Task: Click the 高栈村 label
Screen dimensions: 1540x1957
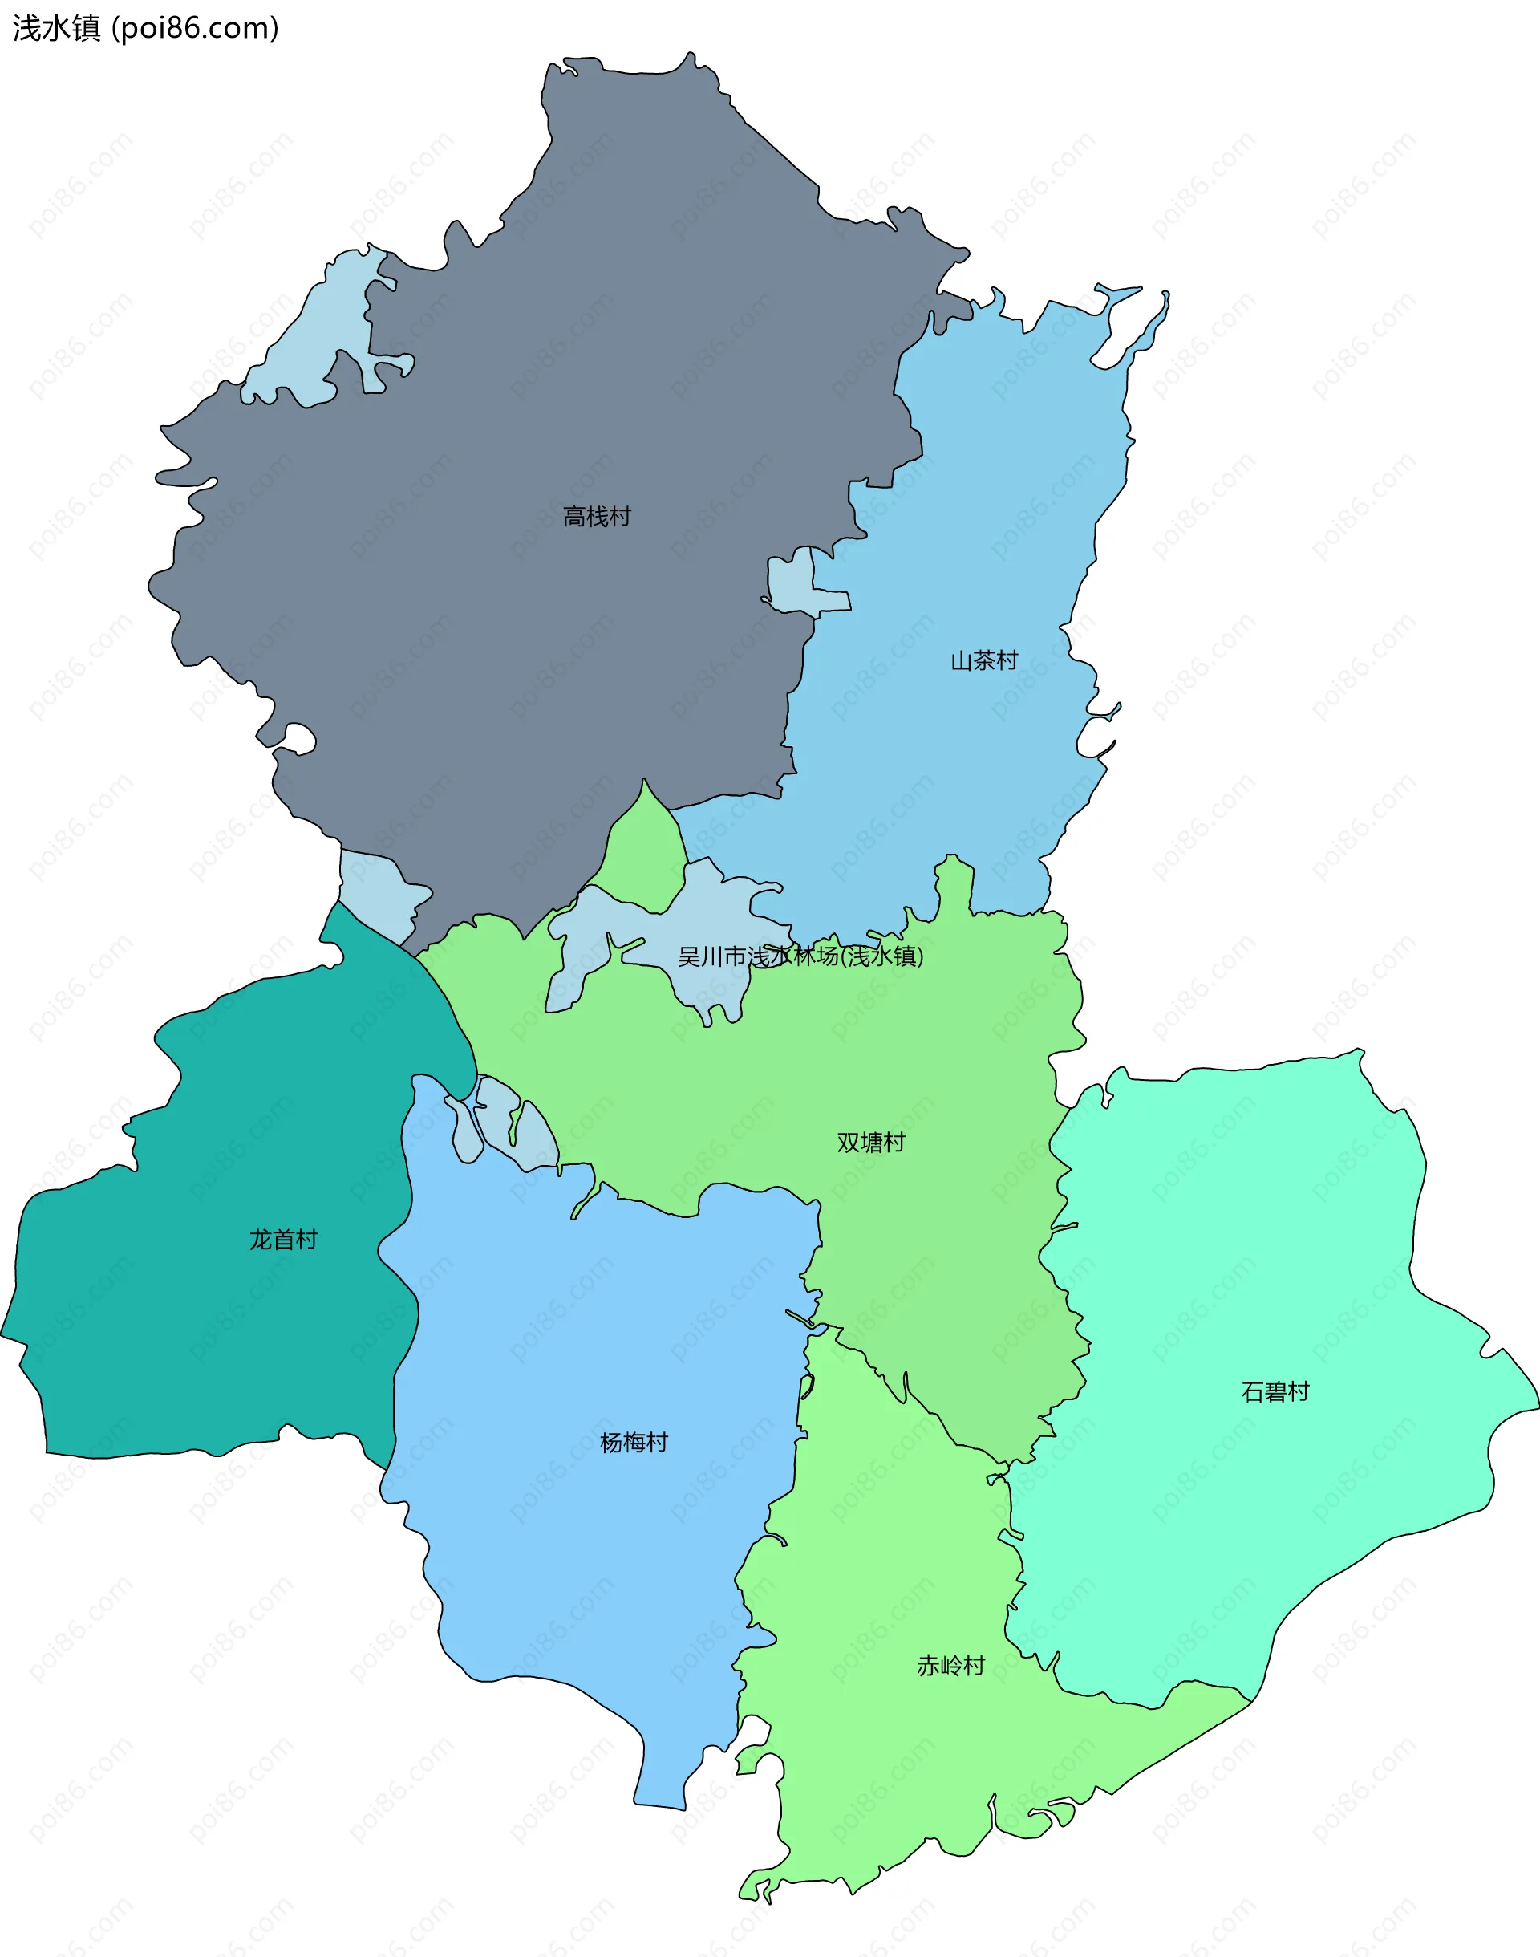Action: (596, 517)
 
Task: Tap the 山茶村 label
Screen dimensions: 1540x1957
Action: (983, 661)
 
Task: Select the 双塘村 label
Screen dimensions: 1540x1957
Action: (870, 1143)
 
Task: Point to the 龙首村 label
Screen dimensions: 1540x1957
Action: (283, 1240)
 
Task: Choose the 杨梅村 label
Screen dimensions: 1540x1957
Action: (634, 1443)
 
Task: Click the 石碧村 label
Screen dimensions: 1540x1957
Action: (1275, 1392)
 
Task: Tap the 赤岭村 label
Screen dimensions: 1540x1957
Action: (950, 1666)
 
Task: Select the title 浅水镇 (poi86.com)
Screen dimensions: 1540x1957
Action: (145, 28)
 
